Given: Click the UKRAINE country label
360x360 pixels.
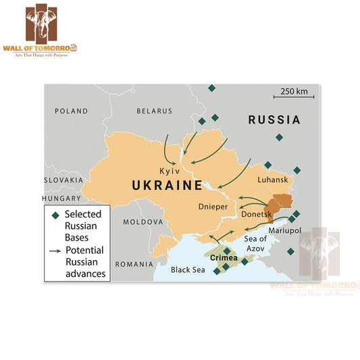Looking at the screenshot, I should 167,185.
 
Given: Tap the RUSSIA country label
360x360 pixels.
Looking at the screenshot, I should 274,120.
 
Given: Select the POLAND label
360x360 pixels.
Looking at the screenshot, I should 72,111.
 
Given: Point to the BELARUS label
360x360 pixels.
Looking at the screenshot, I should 154,111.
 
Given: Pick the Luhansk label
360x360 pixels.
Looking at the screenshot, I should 272,180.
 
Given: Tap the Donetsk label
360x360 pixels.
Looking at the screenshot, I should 256,214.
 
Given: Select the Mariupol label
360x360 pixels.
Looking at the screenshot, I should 284,230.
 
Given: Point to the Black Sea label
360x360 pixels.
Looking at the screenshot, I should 187,269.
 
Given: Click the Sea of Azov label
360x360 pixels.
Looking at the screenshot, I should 255,244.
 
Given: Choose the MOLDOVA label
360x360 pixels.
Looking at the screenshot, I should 143,222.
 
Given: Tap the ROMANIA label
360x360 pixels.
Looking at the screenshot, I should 134,264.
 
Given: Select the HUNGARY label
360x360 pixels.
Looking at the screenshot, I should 61,199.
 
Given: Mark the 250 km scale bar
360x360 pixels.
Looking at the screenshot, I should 297,94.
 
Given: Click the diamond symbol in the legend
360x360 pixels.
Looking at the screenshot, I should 55,214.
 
